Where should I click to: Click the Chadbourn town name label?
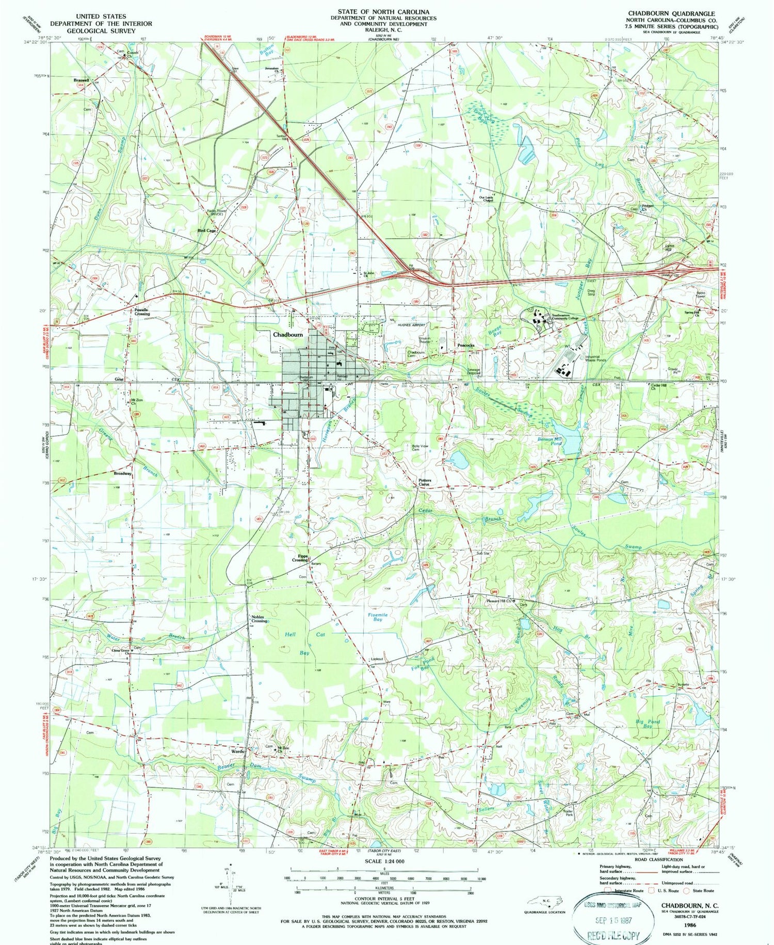coord(287,335)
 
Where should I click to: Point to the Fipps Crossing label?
coord(300,558)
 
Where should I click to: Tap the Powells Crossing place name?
coord(142,312)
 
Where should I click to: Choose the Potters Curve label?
coord(425,482)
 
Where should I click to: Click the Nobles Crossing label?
coord(260,619)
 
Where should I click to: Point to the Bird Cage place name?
coord(206,231)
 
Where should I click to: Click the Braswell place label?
coord(81,80)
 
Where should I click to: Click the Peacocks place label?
coord(465,345)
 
